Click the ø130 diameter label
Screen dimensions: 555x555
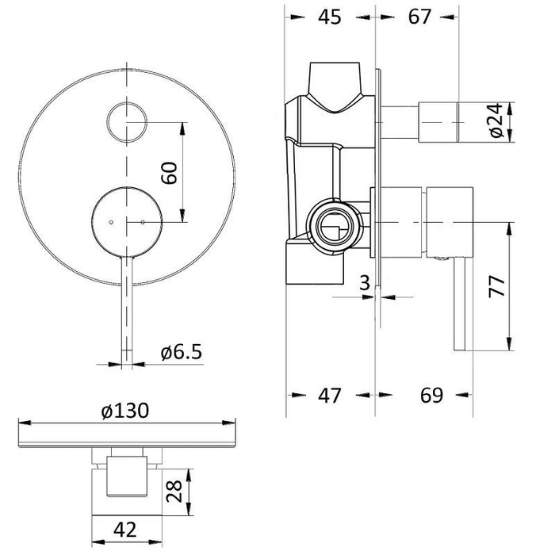pos(125,412)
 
